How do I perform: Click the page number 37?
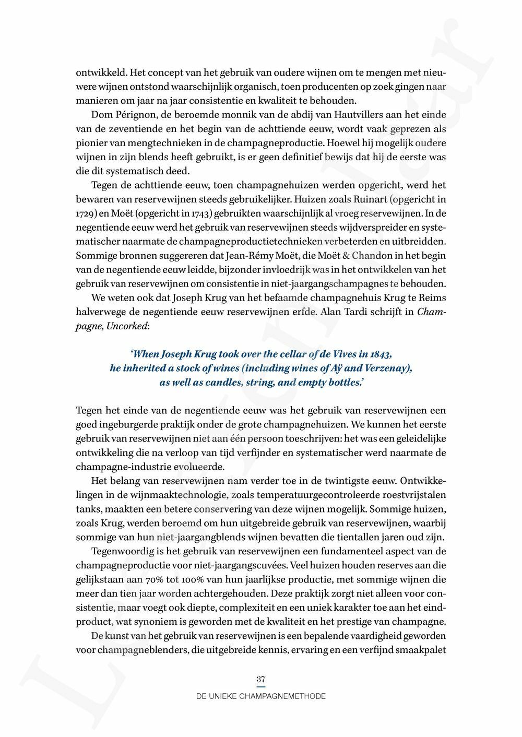[261, 680]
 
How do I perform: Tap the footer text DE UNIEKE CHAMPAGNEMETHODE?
[261, 696]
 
